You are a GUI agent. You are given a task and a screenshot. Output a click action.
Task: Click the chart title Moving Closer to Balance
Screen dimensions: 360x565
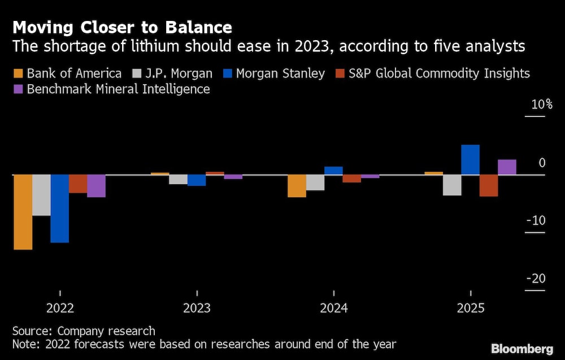[x=122, y=27]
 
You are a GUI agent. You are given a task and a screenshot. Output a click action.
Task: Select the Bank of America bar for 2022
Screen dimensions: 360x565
[x=23, y=212]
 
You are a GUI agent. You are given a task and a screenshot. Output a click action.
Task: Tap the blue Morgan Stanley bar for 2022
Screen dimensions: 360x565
[x=60, y=209]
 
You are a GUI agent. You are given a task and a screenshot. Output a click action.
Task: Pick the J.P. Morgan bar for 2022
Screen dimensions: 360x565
[x=41, y=195]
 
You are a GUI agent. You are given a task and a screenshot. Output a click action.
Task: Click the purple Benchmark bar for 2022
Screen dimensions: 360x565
[x=96, y=186]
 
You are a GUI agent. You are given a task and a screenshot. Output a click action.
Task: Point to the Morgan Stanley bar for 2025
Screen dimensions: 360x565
[x=471, y=160]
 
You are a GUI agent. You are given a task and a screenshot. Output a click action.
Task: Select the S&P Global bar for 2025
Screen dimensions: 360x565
[x=489, y=185]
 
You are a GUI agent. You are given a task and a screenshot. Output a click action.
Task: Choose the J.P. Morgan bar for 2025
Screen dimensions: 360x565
[x=452, y=185]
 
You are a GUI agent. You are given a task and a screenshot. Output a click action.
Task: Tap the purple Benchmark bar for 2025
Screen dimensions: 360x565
[x=507, y=167]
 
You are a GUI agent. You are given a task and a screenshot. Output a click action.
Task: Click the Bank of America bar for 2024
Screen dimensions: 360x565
[x=297, y=186]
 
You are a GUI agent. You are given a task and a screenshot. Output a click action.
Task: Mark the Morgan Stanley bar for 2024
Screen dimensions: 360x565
[x=333, y=171]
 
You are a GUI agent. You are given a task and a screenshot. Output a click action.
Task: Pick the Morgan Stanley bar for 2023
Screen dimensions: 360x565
[x=197, y=180]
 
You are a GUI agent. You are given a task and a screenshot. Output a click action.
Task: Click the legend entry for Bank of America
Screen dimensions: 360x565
[x=68, y=73]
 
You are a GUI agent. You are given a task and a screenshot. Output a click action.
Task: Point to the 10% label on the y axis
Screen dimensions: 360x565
[x=541, y=105]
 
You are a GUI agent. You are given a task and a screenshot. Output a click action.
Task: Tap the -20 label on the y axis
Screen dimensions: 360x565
[x=536, y=279]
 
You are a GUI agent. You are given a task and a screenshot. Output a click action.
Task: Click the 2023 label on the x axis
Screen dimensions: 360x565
[x=197, y=309]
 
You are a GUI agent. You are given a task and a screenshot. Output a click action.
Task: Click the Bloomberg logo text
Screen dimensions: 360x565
[x=523, y=348]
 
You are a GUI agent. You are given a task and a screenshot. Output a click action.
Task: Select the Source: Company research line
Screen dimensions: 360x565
[x=84, y=331]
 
